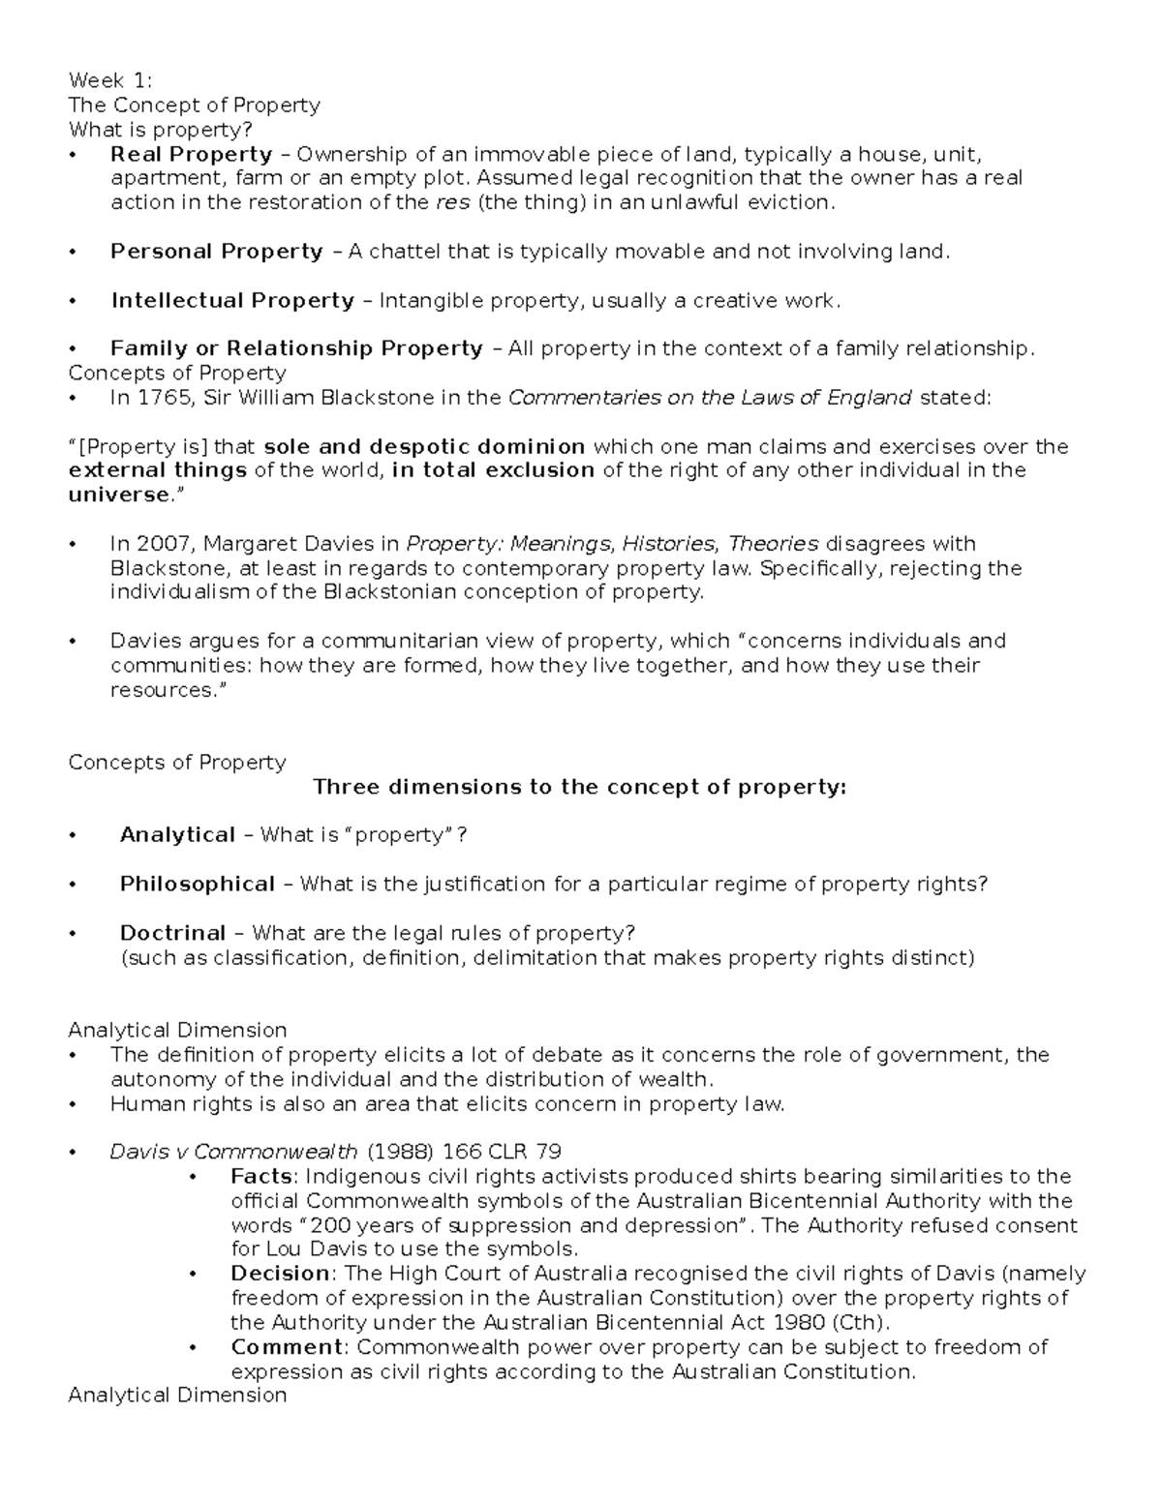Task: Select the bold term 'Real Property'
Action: pos(191,154)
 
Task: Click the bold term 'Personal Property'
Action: pos(216,252)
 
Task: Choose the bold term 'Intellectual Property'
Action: pos(232,300)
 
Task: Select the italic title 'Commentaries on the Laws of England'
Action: pos(710,397)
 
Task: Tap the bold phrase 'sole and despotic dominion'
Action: pos(424,446)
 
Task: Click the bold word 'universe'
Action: pos(118,495)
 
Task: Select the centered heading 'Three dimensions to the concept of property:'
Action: pos(579,787)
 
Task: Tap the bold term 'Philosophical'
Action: pos(198,884)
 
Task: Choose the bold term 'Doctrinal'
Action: pos(172,933)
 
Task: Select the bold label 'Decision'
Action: pos(280,1274)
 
